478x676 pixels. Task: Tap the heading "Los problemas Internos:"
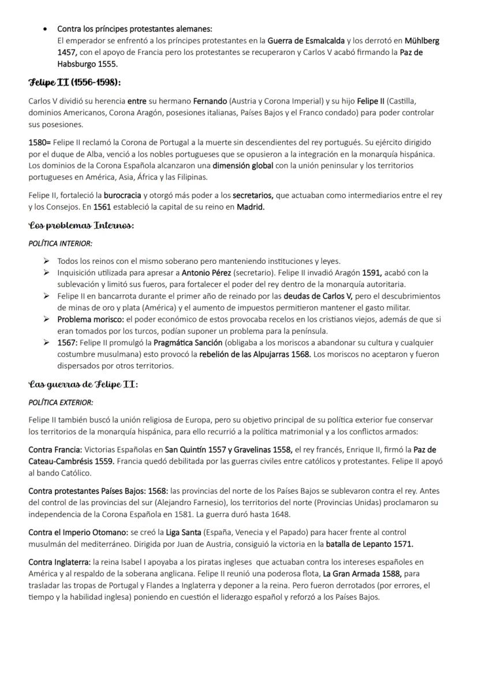point(81,226)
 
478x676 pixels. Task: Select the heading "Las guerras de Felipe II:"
point(83,384)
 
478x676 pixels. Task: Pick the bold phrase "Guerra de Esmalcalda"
point(305,41)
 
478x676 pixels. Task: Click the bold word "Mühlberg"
point(421,41)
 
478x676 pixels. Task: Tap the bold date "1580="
point(39,142)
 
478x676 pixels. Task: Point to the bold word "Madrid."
point(251,207)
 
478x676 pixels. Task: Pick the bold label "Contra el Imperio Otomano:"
point(74,532)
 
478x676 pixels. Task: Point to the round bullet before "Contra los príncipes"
point(45,29)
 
